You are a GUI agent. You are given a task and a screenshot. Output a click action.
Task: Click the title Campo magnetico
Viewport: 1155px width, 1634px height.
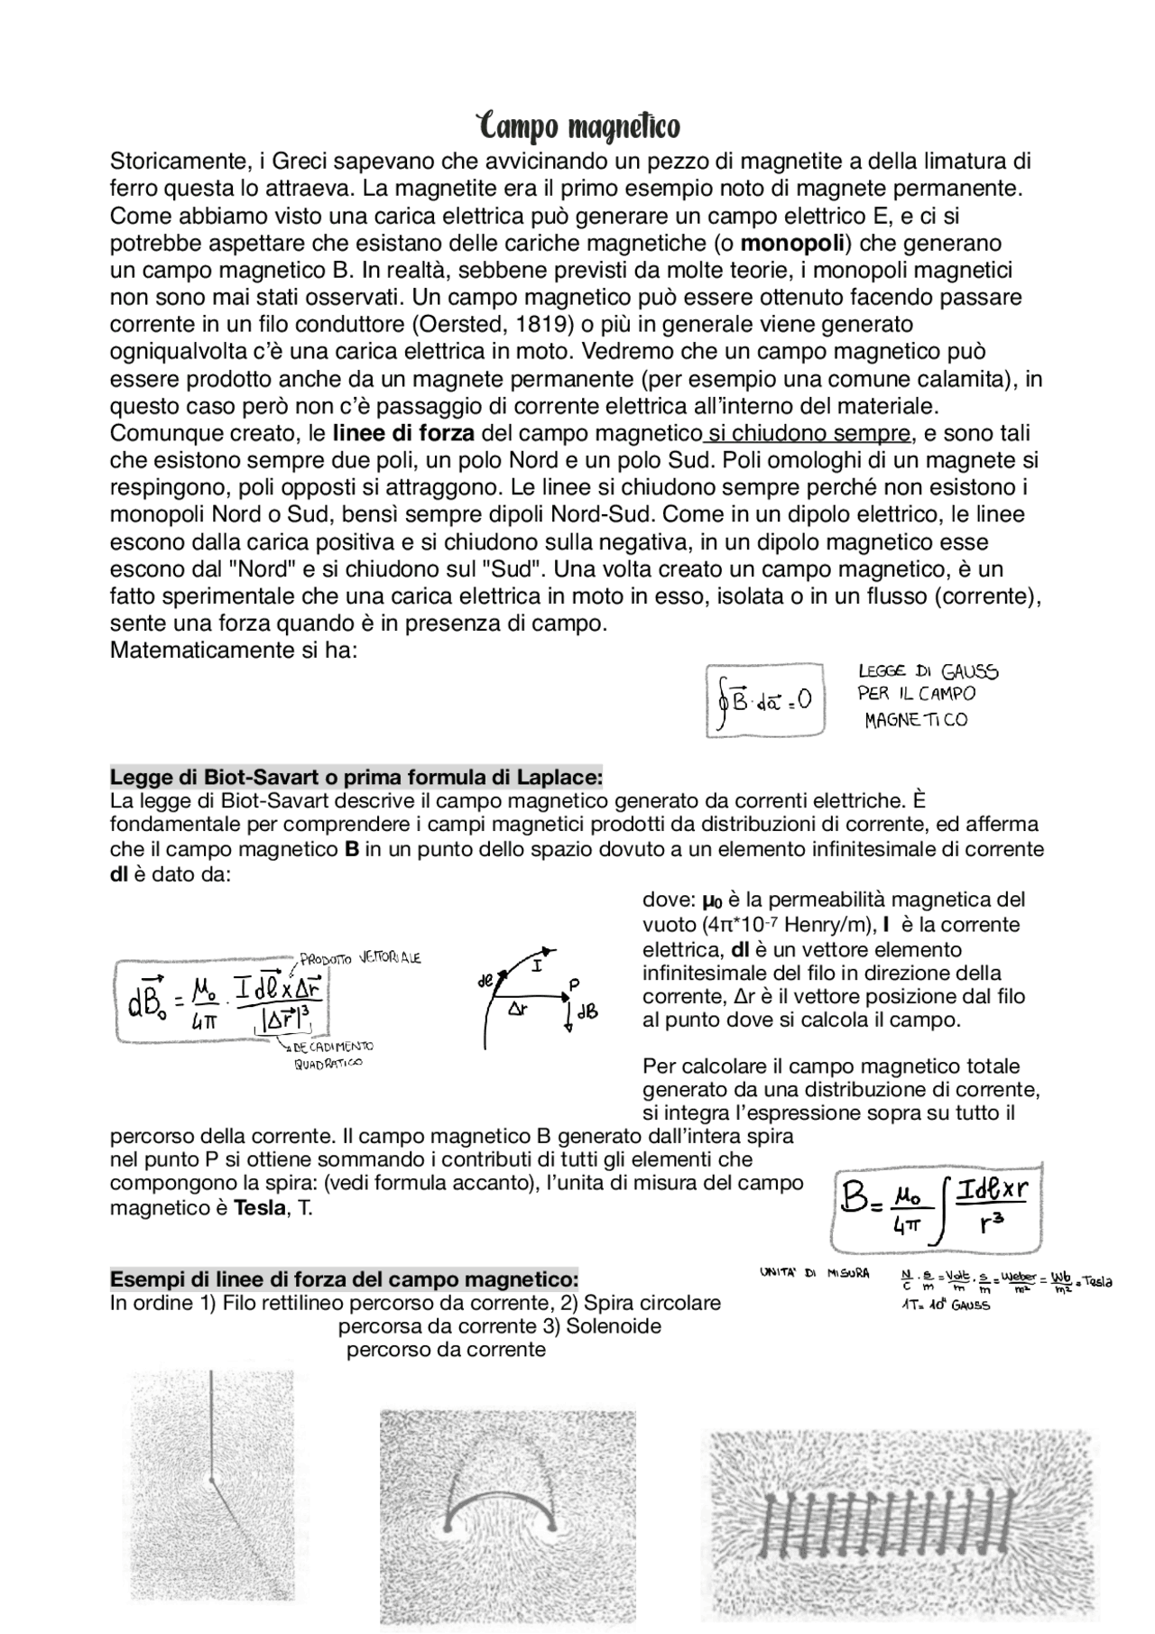pyautogui.click(x=577, y=127)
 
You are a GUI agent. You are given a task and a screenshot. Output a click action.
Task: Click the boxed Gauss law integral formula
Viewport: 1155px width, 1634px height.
pyautogui.click(x=764, y=700)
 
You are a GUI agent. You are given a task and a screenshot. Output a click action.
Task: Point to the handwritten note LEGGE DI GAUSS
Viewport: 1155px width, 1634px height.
pyautogui.click(x=928, y=672)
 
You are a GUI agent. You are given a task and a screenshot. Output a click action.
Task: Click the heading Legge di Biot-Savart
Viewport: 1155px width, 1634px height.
pyautogui.click(x=356, y=777)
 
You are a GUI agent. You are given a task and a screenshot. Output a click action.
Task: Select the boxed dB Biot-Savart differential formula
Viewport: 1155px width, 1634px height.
pyautogui.click(x=221, y=1001)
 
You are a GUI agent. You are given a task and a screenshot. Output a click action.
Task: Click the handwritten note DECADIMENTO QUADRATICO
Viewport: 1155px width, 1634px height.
pyautogui.click(x=329, y=1055)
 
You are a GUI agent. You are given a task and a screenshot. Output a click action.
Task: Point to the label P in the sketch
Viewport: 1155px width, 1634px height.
pyautogui.click(x=573, y=983)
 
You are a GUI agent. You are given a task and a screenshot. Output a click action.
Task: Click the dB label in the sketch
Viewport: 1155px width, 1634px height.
pyautogui.click(x=587, y=1012)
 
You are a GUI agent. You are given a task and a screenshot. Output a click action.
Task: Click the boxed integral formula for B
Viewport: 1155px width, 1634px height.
pyautogui.click(x=935, y=1206)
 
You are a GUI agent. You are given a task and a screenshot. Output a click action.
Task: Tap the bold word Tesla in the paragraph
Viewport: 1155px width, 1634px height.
pyautogui.click(x=260, y=1207)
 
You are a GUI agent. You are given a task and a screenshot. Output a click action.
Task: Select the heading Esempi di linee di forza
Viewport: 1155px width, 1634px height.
pyautogui.click(x=344, y=1279)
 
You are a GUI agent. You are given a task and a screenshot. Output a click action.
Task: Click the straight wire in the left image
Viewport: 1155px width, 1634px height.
pyautogui.click(x=211, y=1426)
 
